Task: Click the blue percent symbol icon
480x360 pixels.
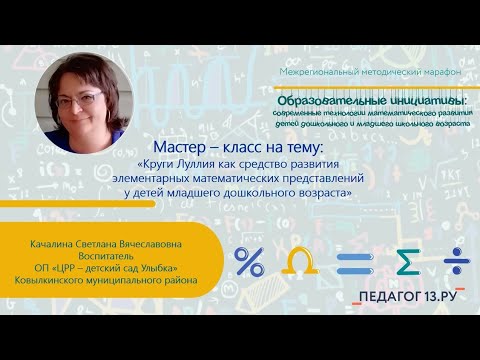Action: click(249, 261)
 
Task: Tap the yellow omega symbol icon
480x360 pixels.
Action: click(297, 261)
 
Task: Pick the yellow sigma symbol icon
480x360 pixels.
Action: click(405, 261)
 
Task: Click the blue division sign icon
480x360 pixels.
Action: click(455, 261)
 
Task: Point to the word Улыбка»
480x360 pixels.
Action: click(157, 265)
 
